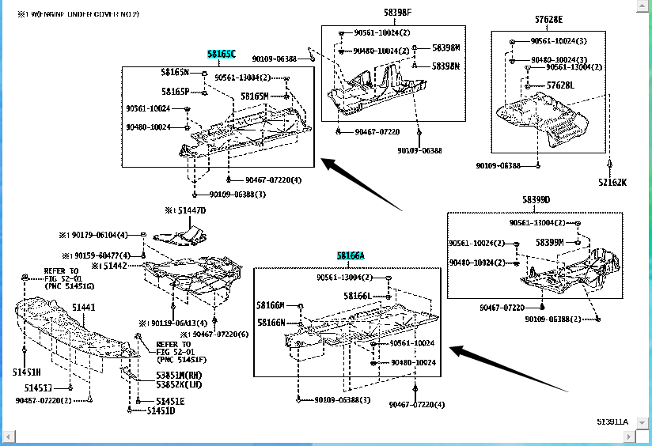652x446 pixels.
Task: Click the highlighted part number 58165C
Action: [221, 55]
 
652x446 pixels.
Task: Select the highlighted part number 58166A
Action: [350, 256]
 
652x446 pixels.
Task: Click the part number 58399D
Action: [536, 200]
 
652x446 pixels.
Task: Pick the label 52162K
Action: [612, 183]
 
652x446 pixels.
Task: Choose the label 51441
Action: [85, 307]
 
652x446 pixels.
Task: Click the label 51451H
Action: [26, 372]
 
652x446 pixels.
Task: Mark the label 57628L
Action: [561, 85]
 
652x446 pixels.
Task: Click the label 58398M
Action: [445, 47]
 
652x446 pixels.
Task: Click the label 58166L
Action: [357, 296]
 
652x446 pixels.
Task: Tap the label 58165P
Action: [176, 92]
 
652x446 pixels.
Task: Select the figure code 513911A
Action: [612, 421]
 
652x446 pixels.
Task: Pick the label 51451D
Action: [159, 410]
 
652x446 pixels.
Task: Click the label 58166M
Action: [270, 305]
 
